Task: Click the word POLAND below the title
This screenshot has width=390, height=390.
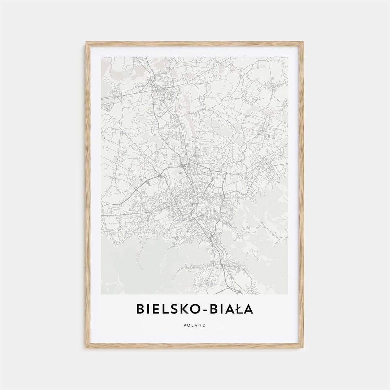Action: click(x=195, y=325)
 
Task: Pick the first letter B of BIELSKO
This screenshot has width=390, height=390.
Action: click(x=140, y=309)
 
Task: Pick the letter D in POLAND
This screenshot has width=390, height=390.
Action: click(x=204, y=325)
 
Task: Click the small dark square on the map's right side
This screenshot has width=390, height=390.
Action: click(x=270, y=135)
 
